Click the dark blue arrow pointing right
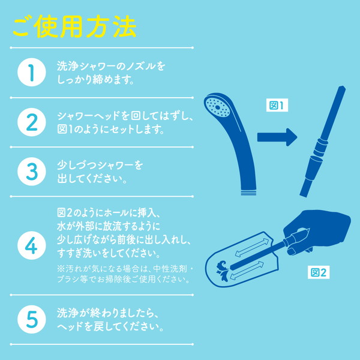point(277,137)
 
